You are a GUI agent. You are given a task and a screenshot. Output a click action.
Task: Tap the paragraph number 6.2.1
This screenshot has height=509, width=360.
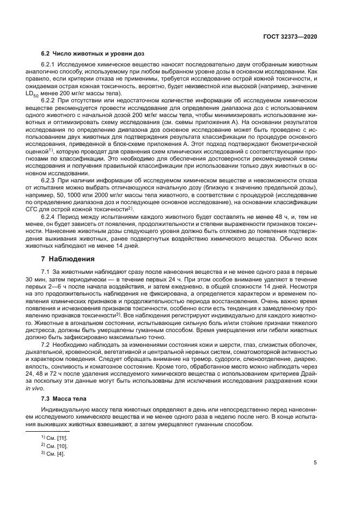click(51, 64)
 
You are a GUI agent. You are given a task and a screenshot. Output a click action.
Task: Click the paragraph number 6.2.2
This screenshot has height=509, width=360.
click(51, 101)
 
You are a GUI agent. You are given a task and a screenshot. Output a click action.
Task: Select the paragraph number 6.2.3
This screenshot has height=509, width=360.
click(51, 180)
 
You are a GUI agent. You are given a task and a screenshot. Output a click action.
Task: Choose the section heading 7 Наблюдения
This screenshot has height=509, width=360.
click(68, 259)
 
